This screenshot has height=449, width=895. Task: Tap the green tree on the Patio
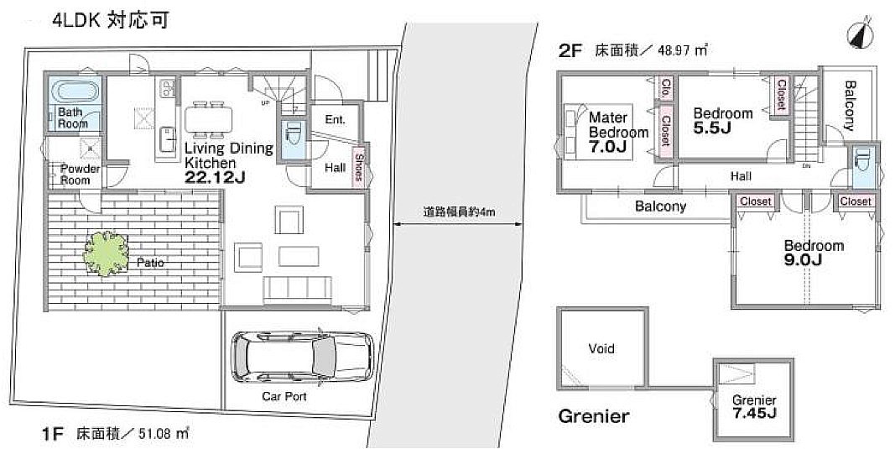107,253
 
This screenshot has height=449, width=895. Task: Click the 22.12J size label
215,178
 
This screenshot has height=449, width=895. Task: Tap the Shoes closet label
358,167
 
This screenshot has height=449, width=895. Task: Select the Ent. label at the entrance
335,120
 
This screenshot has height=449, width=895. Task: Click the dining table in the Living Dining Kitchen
208,119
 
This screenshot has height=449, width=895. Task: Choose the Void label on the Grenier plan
601,348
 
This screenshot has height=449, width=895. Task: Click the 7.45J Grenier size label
754,412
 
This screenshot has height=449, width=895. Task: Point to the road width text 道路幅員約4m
459,212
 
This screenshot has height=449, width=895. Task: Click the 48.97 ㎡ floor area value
683,50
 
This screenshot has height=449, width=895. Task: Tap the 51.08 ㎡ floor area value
164,434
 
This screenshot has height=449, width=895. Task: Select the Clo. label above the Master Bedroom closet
665,88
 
